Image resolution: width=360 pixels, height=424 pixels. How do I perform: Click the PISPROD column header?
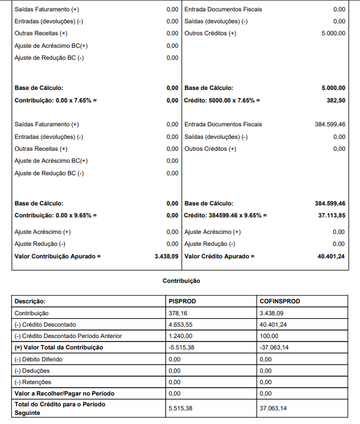click(183, 301)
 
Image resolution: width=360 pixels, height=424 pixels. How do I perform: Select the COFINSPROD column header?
click(279, 301)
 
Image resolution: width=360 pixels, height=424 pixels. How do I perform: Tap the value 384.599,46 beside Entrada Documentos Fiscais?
click(330, 124)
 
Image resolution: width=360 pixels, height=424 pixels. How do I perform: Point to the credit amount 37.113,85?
click(332, 216)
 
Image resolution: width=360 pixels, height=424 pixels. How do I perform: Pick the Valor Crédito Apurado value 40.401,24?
click(332, 257)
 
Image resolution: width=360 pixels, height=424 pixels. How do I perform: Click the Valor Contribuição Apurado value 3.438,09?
click(166, 257)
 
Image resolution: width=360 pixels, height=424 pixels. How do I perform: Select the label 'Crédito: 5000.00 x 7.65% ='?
click(222, 100)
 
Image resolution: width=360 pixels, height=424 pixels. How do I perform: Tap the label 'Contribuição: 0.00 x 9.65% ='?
click(56, 216)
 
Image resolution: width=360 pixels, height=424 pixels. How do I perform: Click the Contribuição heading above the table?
click(181, 281)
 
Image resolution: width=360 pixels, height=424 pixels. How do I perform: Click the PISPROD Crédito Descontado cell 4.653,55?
click(181, 324)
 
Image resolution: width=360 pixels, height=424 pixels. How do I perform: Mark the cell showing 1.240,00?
click(181, 336)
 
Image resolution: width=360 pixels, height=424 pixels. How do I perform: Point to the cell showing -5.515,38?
click(183, 347)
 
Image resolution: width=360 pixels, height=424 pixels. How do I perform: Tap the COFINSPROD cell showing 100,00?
click(269, 336)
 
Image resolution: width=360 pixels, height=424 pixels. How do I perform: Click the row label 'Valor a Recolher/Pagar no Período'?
click(63, 393)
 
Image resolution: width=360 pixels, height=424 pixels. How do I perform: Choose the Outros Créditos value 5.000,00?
click(333, 34)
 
